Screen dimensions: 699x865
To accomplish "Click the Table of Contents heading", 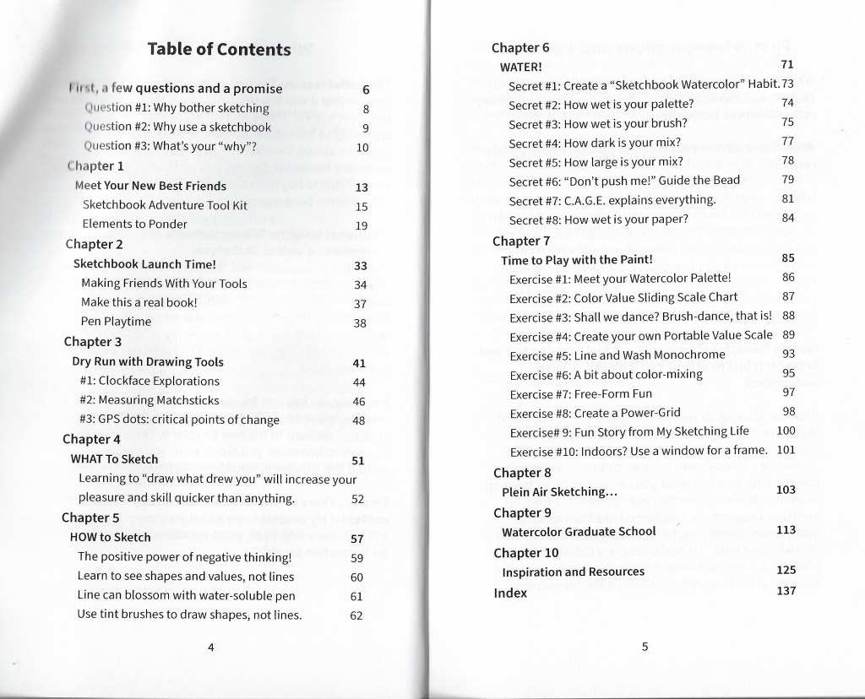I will [x=218, y=49].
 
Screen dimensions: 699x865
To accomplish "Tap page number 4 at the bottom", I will [x=211, y=648].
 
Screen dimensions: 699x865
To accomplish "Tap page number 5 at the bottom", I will [x=645, y=648].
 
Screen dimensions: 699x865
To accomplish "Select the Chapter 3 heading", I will [x=93, y=342].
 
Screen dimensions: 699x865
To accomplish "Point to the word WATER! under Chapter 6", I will [x=521, y=66].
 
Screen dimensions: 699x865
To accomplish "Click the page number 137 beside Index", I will [x=786, y=591].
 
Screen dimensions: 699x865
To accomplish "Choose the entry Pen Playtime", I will [x=116, y=322].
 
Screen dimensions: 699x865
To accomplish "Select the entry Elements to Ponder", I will [x=135, y=225].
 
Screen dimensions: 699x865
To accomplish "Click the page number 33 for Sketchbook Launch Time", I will [x=361, y=265].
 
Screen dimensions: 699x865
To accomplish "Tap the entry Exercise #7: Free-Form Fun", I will [x=581, y=393].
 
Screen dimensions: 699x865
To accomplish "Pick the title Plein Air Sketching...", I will [x=559, y=491].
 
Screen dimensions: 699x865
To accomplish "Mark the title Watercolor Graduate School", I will [x=579, y=532].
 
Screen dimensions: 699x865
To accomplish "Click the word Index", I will [x=510, y=593].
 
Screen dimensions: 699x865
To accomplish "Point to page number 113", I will [x=786, y=530].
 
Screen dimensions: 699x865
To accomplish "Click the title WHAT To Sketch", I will [x=114, y=459].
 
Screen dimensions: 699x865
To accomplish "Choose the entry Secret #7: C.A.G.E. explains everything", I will [x=612, y=200].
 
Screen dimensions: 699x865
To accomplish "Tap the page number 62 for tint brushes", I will [x=356, y=615].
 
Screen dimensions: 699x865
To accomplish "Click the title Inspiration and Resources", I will [x=573, y=572].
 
